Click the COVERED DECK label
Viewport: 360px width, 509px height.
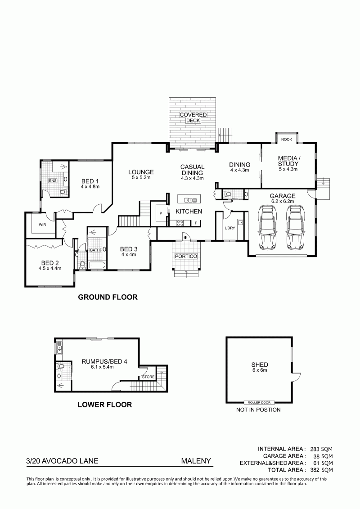[193, 117]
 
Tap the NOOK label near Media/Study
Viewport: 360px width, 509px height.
[287, 140]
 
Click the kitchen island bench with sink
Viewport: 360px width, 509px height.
[189, 200]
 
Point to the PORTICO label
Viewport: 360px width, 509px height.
[186, 257]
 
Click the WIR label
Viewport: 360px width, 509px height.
[42, 224]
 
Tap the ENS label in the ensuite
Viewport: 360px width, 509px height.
[52, 180]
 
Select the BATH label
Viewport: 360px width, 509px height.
[95, 250]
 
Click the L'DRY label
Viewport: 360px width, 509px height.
[230, 228]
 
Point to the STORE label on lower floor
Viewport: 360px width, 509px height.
[148, 377]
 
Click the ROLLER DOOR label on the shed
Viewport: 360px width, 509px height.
[259, 402]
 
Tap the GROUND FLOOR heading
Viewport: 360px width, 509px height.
[108, 297]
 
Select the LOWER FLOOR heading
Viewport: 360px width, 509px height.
[104, 405]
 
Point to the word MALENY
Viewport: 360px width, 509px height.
[196, 461]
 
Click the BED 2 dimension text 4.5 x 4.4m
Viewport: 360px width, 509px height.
[49, 268]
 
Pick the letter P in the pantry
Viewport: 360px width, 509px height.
[160, 213]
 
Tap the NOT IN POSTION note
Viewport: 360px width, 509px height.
[258, 410]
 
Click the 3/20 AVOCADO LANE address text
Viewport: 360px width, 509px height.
[63, 461]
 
